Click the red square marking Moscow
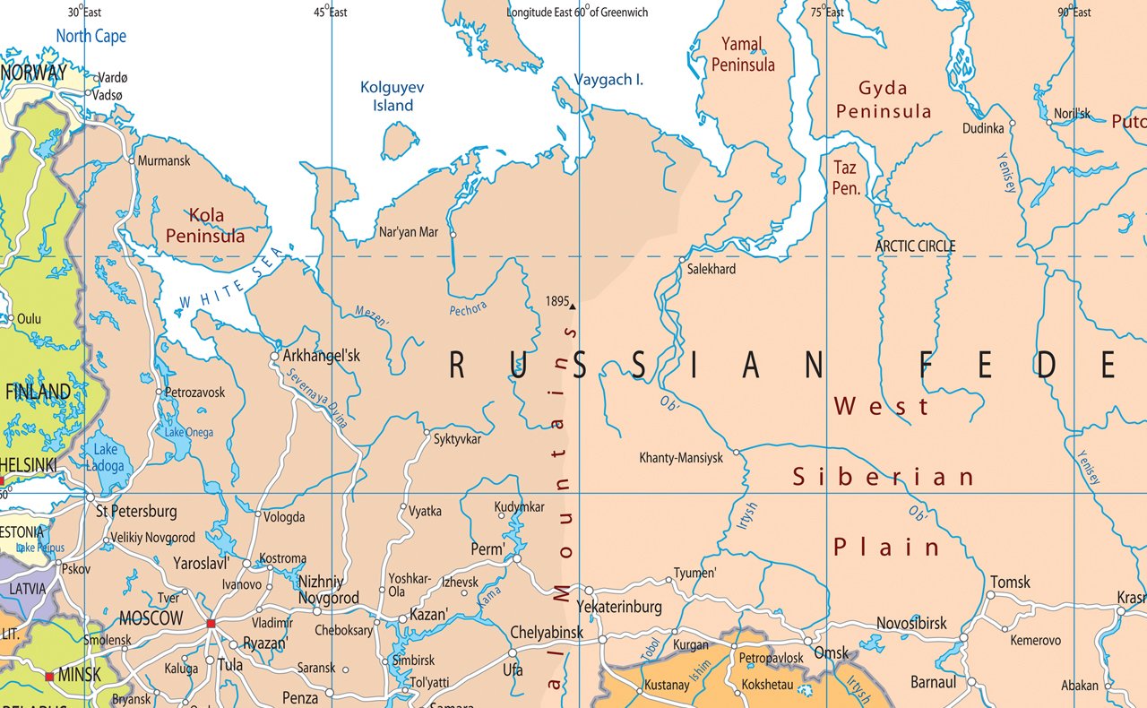coord(211,624)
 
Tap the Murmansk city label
coord(164,161)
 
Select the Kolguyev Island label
coord(392,96)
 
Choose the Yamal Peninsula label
coord(743,54)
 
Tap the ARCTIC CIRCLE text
coord(915,246)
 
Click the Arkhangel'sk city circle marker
coord(275,356)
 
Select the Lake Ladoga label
coord(106,457)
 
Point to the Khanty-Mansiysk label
coord(680,458)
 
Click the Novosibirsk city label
coord(910,624)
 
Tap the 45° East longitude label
coord(330,13)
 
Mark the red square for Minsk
coord(49,676)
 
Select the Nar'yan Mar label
coord(409,232)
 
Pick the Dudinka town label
coord(983,128)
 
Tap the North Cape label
coord(91,37)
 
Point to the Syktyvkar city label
coord(457,439)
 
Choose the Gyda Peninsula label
coord(883,99)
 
